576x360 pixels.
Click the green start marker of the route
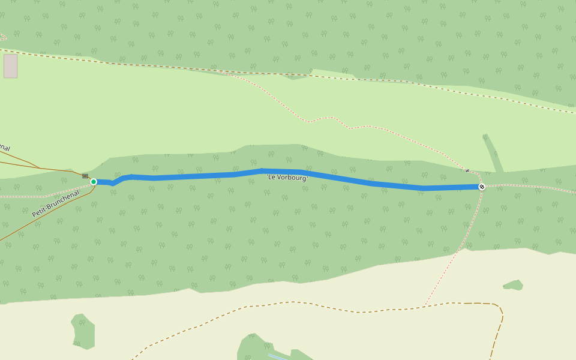[94, 182]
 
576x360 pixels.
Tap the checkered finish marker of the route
[482, 187]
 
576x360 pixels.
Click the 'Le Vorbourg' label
[287, 178]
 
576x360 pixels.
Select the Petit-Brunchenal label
[56, 203]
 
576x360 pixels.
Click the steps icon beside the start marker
[85, 176]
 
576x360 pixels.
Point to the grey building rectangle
[10, 66]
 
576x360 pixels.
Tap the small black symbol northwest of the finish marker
[467, 171]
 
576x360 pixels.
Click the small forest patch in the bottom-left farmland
[83, 331]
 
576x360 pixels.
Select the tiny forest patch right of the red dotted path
[513, 285]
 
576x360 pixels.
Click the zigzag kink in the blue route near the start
[113, 183]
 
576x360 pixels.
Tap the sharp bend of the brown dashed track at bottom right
[500, 309]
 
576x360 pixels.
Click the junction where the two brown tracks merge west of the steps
[40, 168]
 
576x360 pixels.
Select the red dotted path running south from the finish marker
[462, 240]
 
